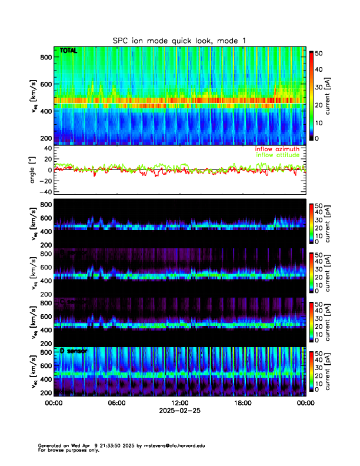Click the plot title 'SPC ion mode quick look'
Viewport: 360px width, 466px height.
(179, 40)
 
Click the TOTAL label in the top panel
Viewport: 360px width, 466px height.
(68, 51)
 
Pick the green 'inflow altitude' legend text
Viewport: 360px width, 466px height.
(278, 155)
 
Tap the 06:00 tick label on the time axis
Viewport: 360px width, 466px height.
(116, 403)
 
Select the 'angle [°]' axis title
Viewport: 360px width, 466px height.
(34, 170)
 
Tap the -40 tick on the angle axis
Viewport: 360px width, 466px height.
(45, 192)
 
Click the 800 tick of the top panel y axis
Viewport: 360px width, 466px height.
(45, 56)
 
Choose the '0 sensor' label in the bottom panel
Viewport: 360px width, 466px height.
(73, 351)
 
